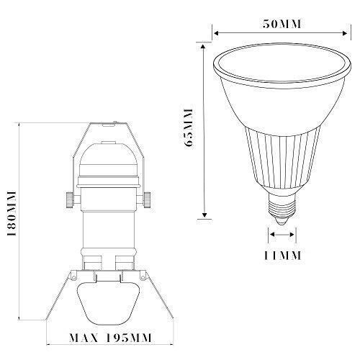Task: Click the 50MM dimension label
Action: tap(282, 24)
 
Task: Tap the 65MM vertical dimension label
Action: tap(189, 128)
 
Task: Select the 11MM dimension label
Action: tap(282, 256)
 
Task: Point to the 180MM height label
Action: tap(12, 214)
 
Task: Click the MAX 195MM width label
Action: tap(111, 338)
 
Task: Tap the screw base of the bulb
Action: tap(282, 204)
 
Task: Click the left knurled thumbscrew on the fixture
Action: tap(70, 200)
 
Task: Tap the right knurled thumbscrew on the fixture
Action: tap(147, 200)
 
